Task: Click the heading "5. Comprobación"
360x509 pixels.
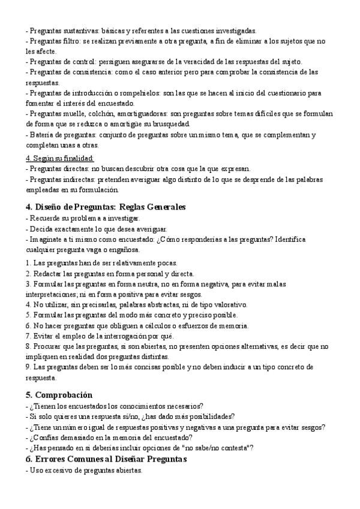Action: pos(59,395)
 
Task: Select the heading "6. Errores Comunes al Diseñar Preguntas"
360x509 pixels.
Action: pos(107,459)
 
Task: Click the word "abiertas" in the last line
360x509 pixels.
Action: pos(128,471)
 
